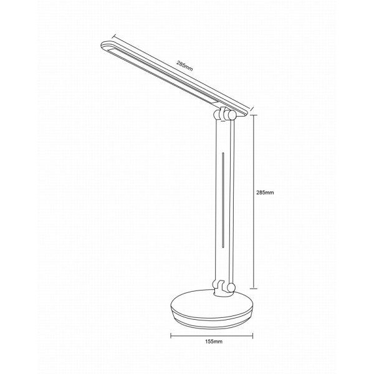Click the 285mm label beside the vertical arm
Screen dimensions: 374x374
point(265,193)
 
